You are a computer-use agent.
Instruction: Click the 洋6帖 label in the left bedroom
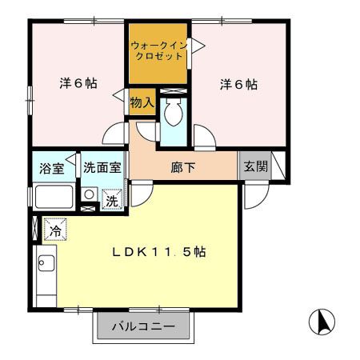coord(78,83)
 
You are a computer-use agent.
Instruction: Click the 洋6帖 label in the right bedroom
coord(238,83)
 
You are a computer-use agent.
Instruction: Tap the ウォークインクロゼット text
coord(159,51)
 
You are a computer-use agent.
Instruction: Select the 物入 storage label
coord(142,102)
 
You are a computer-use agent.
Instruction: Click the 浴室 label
coord(53,168)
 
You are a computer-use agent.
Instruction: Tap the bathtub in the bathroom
coord(54,196)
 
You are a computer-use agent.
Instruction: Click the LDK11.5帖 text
coord(158,251)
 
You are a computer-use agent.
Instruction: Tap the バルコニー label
coord(143,326)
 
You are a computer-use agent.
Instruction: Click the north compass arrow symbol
coord(322,321)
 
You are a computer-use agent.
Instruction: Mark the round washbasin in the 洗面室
coord(90,194)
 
